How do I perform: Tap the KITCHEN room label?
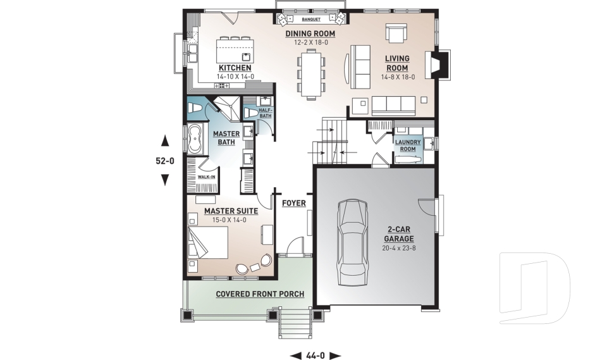pyautogui.click(x=235, y=68)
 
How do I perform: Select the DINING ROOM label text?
pyautogui.click(x=310, y=34)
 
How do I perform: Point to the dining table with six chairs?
pyautogui.click(x=310, y=73)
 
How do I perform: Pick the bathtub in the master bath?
pyautogui.click(x=195, y=138)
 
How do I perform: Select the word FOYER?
pyautogui.click(x=294, y=203)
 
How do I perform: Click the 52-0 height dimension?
pyautogui.click(x=165, y=161)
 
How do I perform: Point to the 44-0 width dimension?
pyautogui.click(x=315, y=355)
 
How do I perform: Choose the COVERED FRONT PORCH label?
pyautogui.click(x=260, y=294)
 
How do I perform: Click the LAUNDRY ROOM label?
pyautogui.click(x=408, y=146)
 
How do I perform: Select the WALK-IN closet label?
pyautogui.click(x=206, y=177)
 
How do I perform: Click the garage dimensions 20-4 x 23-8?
pyautogui.click(x=398, y=248)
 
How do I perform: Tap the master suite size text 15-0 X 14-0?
pyautogui.click(x=226, y=220)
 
